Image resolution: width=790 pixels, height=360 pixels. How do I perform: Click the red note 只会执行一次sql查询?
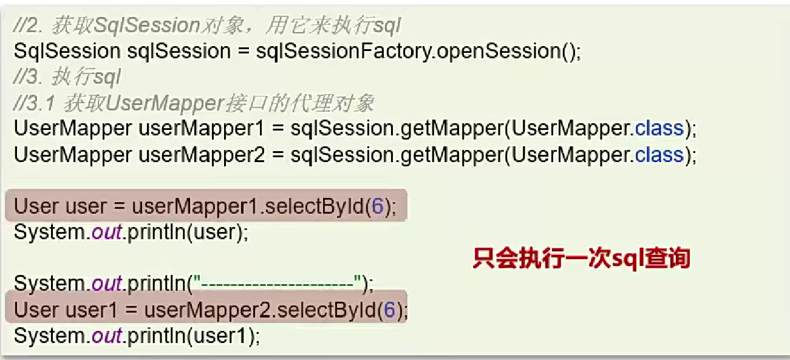coord(581,258)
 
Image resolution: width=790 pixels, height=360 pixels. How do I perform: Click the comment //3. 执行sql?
coord(67,77)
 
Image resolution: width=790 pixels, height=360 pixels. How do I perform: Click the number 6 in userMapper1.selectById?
coord(377,207)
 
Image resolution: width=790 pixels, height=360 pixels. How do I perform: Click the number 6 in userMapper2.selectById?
coord(389,310)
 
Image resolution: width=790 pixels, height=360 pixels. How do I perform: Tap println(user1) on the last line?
coord(194,336)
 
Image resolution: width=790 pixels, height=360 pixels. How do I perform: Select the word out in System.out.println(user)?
coord(107,233)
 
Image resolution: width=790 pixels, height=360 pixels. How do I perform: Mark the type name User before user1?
coord(36,310)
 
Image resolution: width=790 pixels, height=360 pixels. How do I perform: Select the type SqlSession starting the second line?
coord(67,51)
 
